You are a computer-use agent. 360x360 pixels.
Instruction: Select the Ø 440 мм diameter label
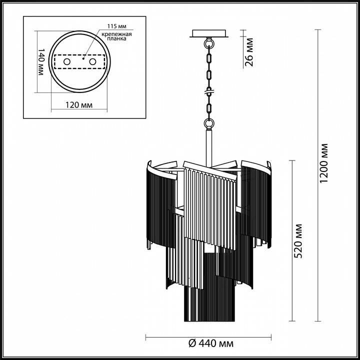click(209, 343)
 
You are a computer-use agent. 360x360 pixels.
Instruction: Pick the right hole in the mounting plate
click(92, 61)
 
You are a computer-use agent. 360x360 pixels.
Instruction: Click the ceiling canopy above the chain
click(209, 34)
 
